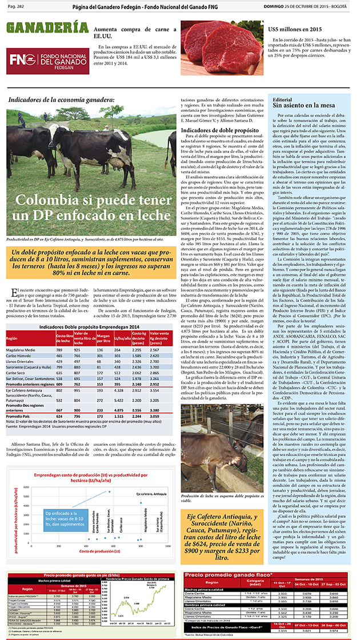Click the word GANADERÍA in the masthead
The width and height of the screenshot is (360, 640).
[40, 29]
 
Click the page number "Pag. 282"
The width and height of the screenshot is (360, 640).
[15, 6]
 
